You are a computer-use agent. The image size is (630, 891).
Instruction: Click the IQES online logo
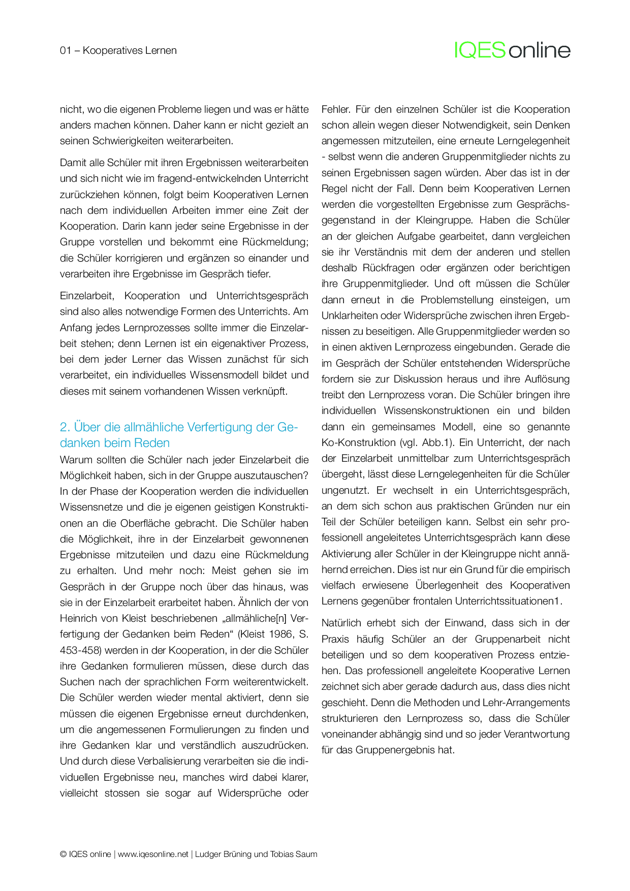(x=512, y=50)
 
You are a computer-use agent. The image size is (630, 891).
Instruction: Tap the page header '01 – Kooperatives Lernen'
(x=118, y=50)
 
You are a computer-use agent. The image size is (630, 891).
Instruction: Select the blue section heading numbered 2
(x=178, y=435)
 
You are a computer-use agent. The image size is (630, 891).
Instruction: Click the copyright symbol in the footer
(x=63, y=854)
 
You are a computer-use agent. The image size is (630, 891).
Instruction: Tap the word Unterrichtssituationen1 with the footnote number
(x=507, y=601)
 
